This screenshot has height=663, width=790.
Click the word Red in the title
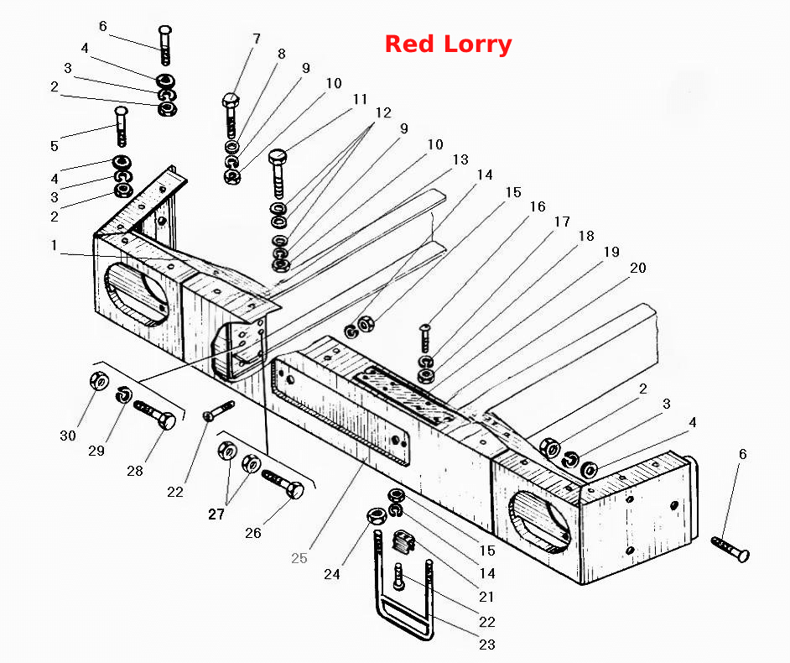[409, 44]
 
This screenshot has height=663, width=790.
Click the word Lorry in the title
[478, 45]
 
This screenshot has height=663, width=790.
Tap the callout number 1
[54, 246]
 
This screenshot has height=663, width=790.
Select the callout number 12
[383, 112]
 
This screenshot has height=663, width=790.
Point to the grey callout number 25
[299, 558]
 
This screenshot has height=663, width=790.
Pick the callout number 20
[638, 268]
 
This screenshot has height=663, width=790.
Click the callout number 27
[216, 514]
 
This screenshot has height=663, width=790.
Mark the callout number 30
[68, 436]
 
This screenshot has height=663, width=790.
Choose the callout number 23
[487, 645]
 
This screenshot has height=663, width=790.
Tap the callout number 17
[562, 222]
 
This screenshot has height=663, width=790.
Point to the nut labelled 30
[98, 380]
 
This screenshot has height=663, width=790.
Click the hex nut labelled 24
[377, 516]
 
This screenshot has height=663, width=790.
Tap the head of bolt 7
[230, 99]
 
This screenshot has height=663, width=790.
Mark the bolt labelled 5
[121, 126]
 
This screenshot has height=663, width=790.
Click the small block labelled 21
[402, 541]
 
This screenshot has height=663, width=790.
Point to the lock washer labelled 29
[124, 394]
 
